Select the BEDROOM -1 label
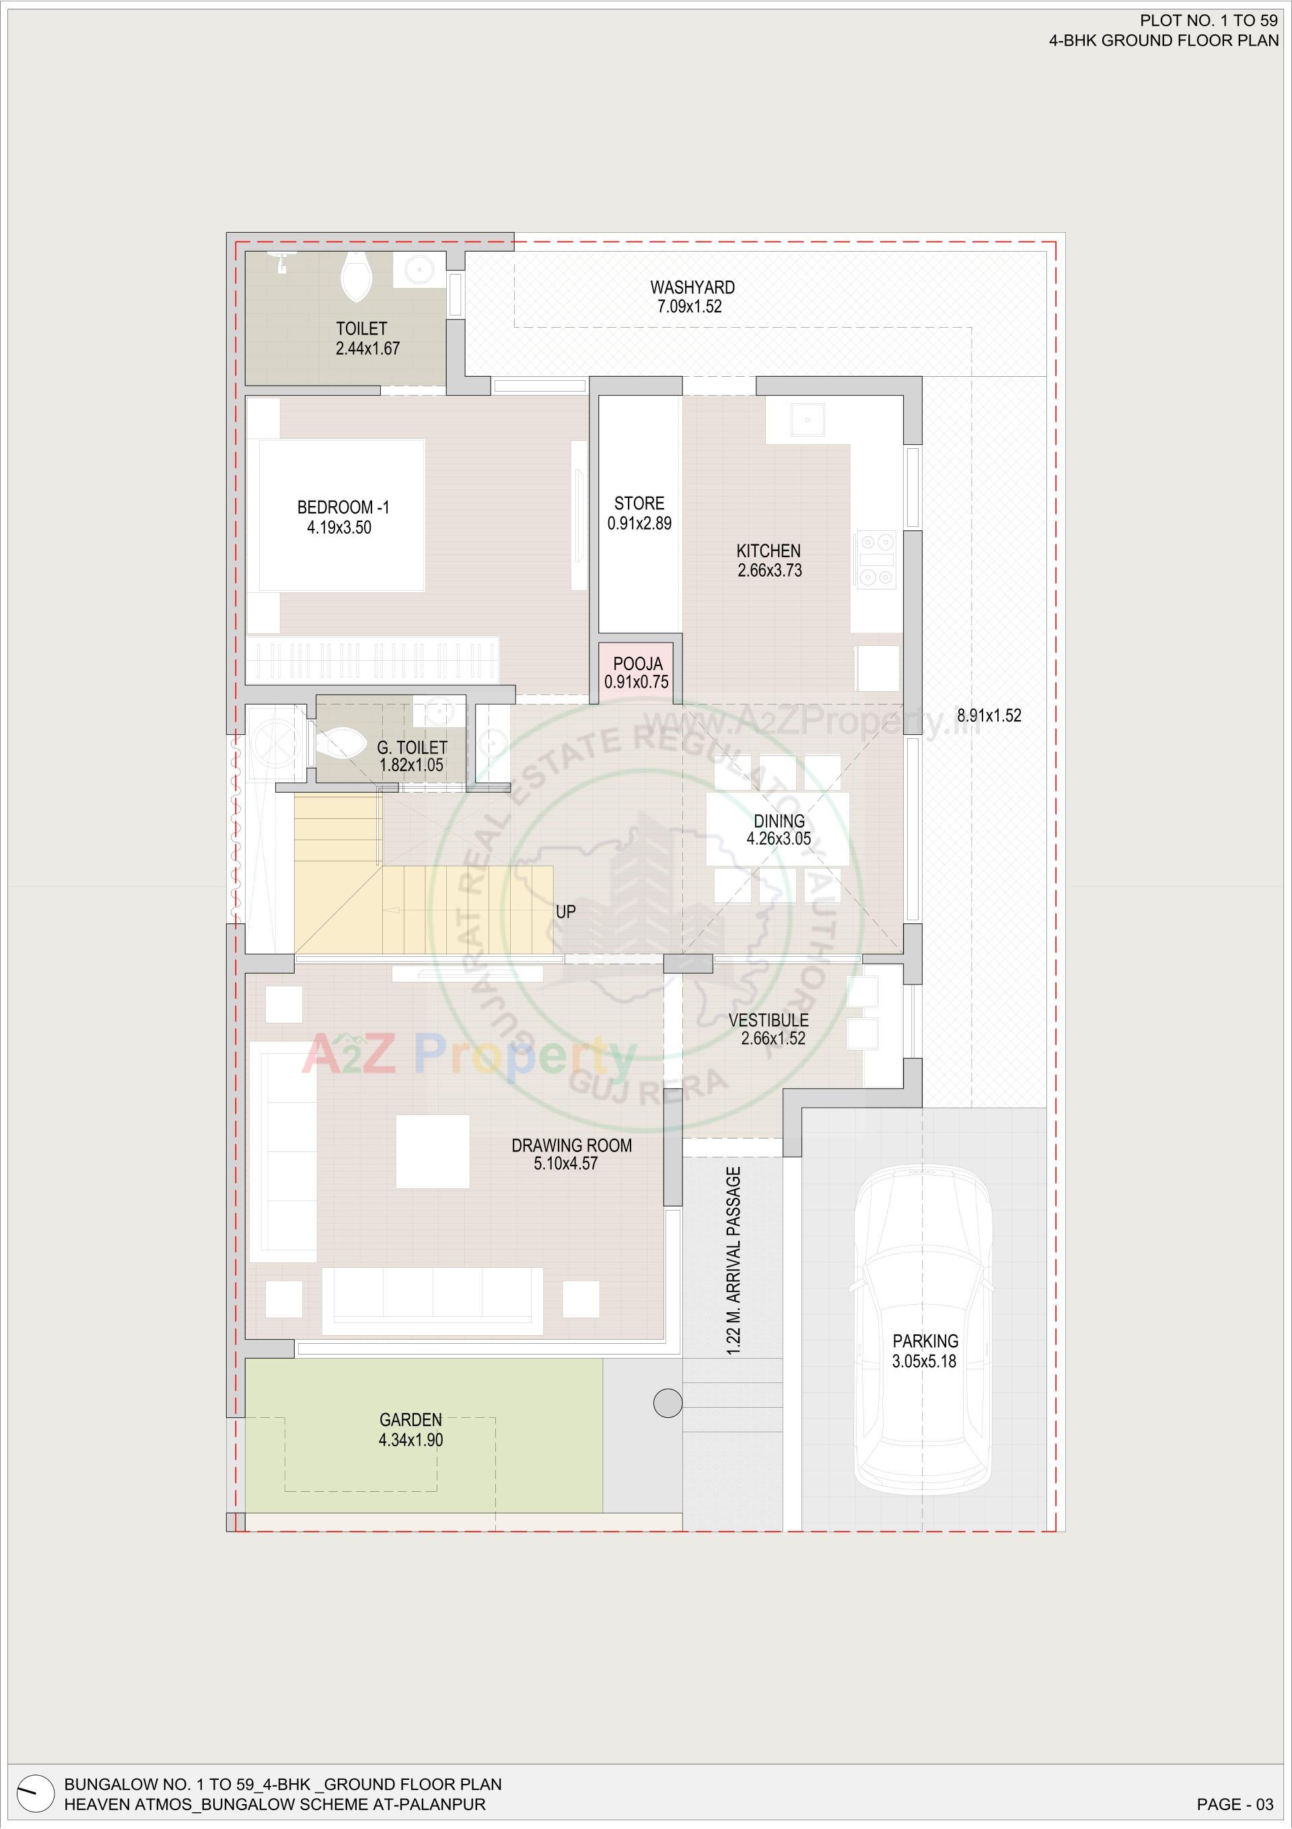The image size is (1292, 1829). pos(343,507)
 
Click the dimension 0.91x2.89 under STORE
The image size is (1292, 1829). pos(639,524)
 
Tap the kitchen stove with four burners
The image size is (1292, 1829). pos(875,560)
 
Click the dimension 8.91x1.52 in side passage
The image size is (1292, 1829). pos(989,715)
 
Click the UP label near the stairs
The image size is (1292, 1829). pos(565,911)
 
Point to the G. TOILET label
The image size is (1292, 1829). pos(411,747)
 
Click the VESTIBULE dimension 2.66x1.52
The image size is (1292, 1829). pos(773,1039)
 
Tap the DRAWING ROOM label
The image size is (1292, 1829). pos(571,1145)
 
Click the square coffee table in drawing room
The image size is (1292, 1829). pos(433,1152)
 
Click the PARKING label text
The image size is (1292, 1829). pos(925,1342)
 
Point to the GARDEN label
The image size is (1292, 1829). pos(410,1420)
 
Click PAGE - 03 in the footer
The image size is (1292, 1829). pos(1235,1804)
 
